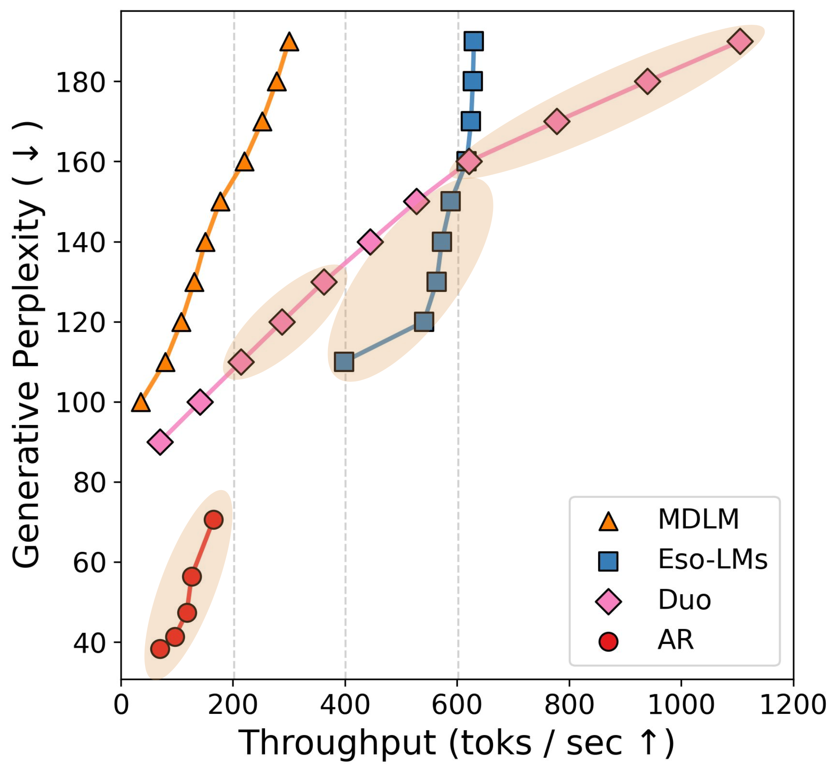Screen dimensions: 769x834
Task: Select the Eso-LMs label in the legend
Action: pos(712,559)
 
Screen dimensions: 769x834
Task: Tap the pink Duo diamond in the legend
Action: pos(608,602)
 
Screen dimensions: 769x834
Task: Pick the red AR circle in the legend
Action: pos(608,642)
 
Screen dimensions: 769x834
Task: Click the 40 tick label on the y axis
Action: pos(89,643)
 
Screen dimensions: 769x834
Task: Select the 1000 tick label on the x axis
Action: pos(681,704)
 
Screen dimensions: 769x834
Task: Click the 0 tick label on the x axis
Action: pos(121,704)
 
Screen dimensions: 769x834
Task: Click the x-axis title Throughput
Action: pos(456,743)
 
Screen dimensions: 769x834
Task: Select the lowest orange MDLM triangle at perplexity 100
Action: pos(141,403)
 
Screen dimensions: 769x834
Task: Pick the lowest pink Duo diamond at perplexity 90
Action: pos(160,442)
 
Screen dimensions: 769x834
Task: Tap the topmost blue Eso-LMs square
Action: pos(473,41)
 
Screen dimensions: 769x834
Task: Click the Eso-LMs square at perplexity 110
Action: pos(344,361)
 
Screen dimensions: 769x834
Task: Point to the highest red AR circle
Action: pos(213,520)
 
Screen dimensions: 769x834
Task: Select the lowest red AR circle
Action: pos(160,649)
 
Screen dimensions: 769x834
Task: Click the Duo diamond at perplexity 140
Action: pos(370,242)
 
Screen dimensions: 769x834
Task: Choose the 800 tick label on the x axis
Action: pos(569,704)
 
